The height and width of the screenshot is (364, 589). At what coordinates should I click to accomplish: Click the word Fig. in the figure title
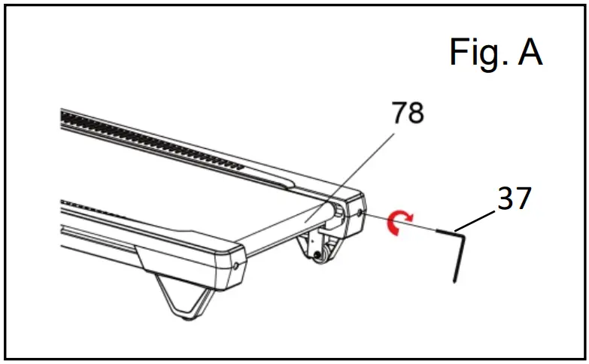click(x=475, y=53)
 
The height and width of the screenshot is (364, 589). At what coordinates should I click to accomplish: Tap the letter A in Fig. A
click(x=528, y=53)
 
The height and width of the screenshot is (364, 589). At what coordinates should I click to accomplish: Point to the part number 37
click(x=514, y=199)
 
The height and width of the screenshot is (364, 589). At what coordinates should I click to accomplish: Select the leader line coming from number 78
click(x=361, y=172)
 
